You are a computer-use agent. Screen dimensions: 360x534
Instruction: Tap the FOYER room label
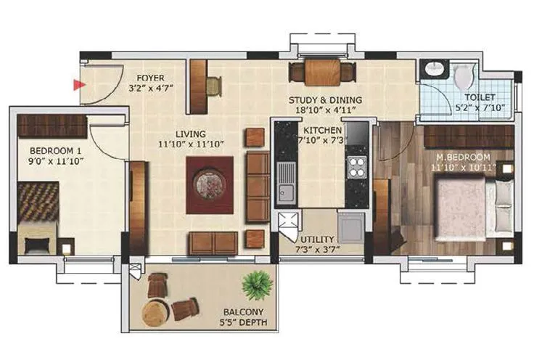[147, 78]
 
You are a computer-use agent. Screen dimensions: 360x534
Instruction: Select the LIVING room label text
[190, 134]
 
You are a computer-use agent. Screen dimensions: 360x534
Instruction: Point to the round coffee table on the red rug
[210, 184]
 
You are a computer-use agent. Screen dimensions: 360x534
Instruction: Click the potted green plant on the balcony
[255, 285]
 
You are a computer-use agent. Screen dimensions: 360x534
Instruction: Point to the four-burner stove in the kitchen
[356, 168]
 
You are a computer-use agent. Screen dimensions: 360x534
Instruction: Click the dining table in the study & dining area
[322, 73]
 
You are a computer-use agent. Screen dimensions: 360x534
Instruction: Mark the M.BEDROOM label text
[463, 157]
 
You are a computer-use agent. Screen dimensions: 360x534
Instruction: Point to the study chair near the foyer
[213, 86]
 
